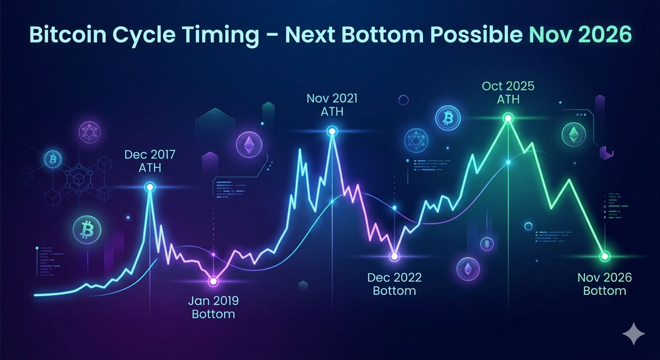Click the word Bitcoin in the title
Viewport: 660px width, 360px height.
pos(68,35)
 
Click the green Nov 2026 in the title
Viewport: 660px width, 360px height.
pos(580,35)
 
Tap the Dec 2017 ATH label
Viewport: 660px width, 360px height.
pos(150,161)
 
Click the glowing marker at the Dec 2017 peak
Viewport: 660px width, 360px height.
pos(150,187)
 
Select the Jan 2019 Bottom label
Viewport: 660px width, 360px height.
pos(213,307)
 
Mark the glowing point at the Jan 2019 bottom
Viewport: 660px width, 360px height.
pos(213,281)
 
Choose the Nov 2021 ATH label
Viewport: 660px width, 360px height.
pos(332,105)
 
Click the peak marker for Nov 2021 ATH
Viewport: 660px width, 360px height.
pos(332,131)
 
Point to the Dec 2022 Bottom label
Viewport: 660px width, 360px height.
pos(394,284)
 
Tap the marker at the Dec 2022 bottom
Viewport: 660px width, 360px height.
pos(394,256)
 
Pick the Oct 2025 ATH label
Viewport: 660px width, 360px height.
pos(508,92)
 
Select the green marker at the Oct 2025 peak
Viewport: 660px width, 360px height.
pos(508,119)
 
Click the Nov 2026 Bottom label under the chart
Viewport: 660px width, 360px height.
pos(605,284)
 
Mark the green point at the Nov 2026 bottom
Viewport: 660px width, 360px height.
pos(605,256)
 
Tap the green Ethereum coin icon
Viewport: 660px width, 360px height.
pos(573,135)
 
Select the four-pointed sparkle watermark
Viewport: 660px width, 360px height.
pos(633,334)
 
